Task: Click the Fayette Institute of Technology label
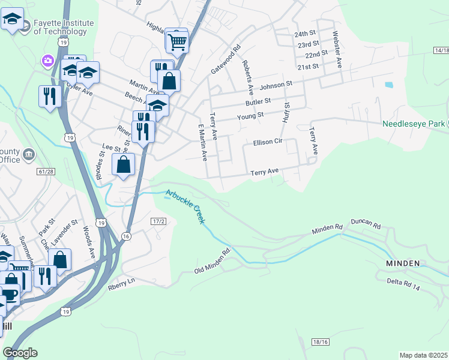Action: pyautogui.click(x=63, y=27)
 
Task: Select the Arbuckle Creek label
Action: pyautogui.click(x=186, y=206)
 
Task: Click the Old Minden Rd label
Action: pyautogui.click(x=213, y=262)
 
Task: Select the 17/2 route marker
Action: pyautogui.click(x=158, y=222)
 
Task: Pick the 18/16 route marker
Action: pyautogui.click(x=321, y=341)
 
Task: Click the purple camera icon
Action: pyautogui.click(x=47, y=61)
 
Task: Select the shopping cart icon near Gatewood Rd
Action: pyautogui.click(x=178, y=41)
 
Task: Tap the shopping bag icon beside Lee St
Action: pyautogui.click(x=124, y=164)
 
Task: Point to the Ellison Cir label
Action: pyautogui.click(x=267, y=143)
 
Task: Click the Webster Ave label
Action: pyautogui.click(x=337, y=49)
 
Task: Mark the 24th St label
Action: pyautogui.click(x=305, y=34)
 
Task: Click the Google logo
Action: pyautogui.click(x=20, y=353)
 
